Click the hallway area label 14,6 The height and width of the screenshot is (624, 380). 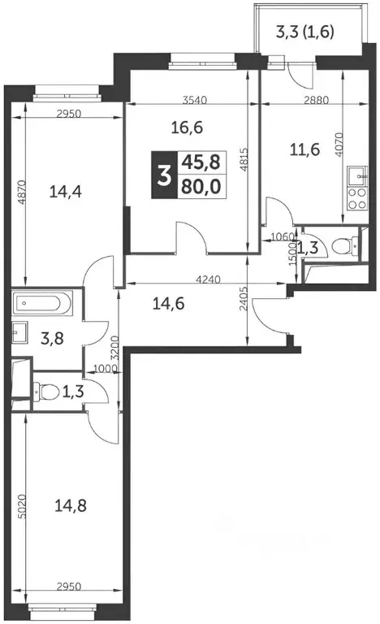(169, 305)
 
